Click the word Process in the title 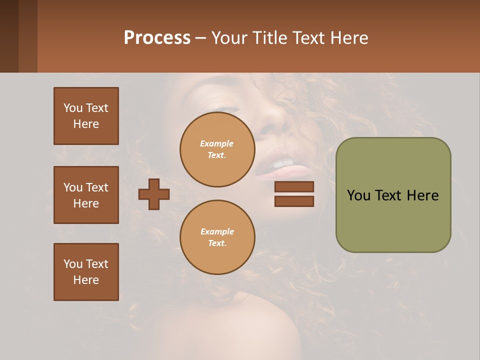pos(157,38)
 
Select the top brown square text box pos(86,116)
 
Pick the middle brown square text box pos(86,195)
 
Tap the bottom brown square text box pos(86,272)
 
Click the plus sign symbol pos(154,194)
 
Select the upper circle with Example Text pos(217,149)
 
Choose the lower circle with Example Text pos(217,237)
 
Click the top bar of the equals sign pos(294,186)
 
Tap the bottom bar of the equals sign pos(294,201)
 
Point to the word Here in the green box pos(422,195)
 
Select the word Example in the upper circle pos(217,143)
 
